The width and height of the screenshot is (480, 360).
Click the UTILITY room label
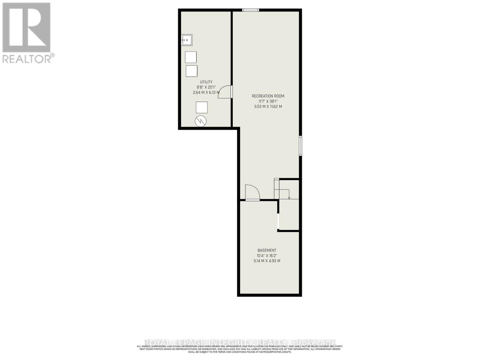(x=206, y=82)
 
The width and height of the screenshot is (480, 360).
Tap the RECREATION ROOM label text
(x=268, y=96)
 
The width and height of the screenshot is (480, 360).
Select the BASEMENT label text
(x=267, y=250)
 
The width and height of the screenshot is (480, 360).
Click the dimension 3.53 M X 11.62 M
(x=268, y=106)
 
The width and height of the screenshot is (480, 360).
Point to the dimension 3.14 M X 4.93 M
(x=267, y=261)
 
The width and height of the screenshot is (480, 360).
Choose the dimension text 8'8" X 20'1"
(x=206, y=87)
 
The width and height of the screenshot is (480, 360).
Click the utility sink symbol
(x=187, y=40)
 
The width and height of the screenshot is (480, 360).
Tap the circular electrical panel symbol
(x=201, y=121)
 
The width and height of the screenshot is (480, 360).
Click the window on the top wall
(x=250, y=10)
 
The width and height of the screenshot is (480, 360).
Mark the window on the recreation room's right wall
(x=301, y=146)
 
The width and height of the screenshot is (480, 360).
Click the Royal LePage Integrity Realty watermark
(x=240, y=342)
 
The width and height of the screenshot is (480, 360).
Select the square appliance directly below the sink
(x=190, y=57)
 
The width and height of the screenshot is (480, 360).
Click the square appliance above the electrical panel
(x=202, y=107)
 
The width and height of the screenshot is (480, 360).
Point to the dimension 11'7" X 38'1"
(x=268, y=101)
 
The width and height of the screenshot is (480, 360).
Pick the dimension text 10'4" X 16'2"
(x=267, y=256)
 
